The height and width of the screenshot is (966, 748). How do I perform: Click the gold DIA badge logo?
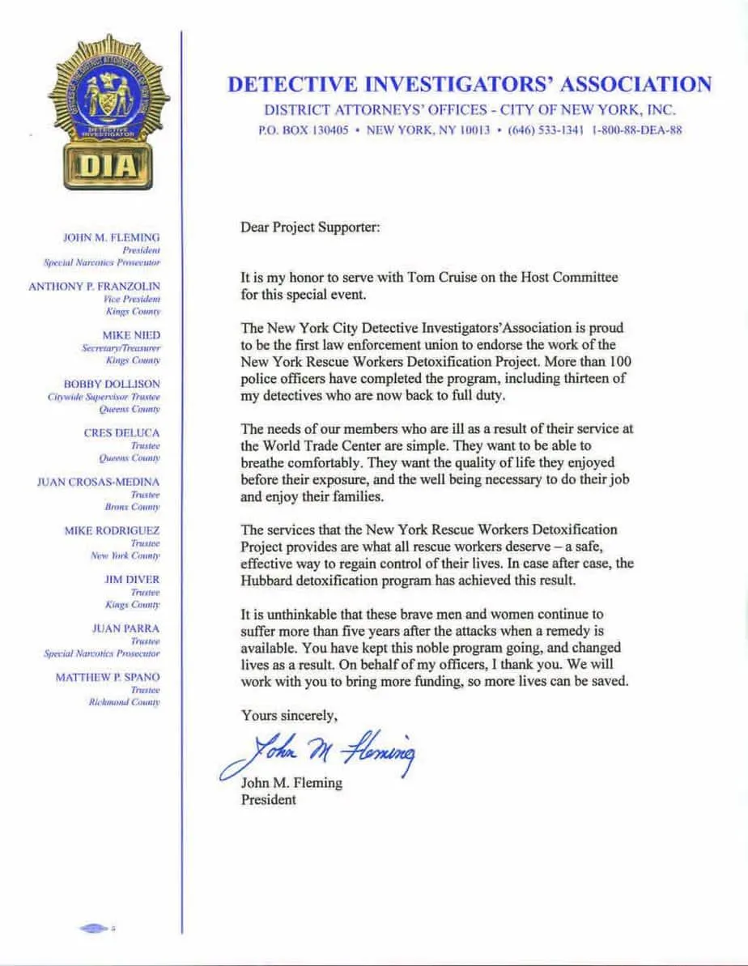(108, 113)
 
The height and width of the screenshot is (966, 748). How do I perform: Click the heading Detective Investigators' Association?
(470, 84)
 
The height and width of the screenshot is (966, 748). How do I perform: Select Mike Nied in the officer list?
(131, 334)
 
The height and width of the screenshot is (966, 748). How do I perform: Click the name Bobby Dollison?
(112, 383)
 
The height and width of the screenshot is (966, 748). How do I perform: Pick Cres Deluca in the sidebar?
(121, 432)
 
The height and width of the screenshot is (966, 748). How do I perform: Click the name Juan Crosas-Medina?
(98, 482)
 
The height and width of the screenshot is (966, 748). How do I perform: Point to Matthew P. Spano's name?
(108, 677)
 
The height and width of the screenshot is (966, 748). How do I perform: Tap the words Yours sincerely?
(289, 716)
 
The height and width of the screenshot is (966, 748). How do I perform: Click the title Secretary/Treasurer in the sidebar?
(121, 347)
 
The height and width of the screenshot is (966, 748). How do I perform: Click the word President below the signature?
(268, 800)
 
